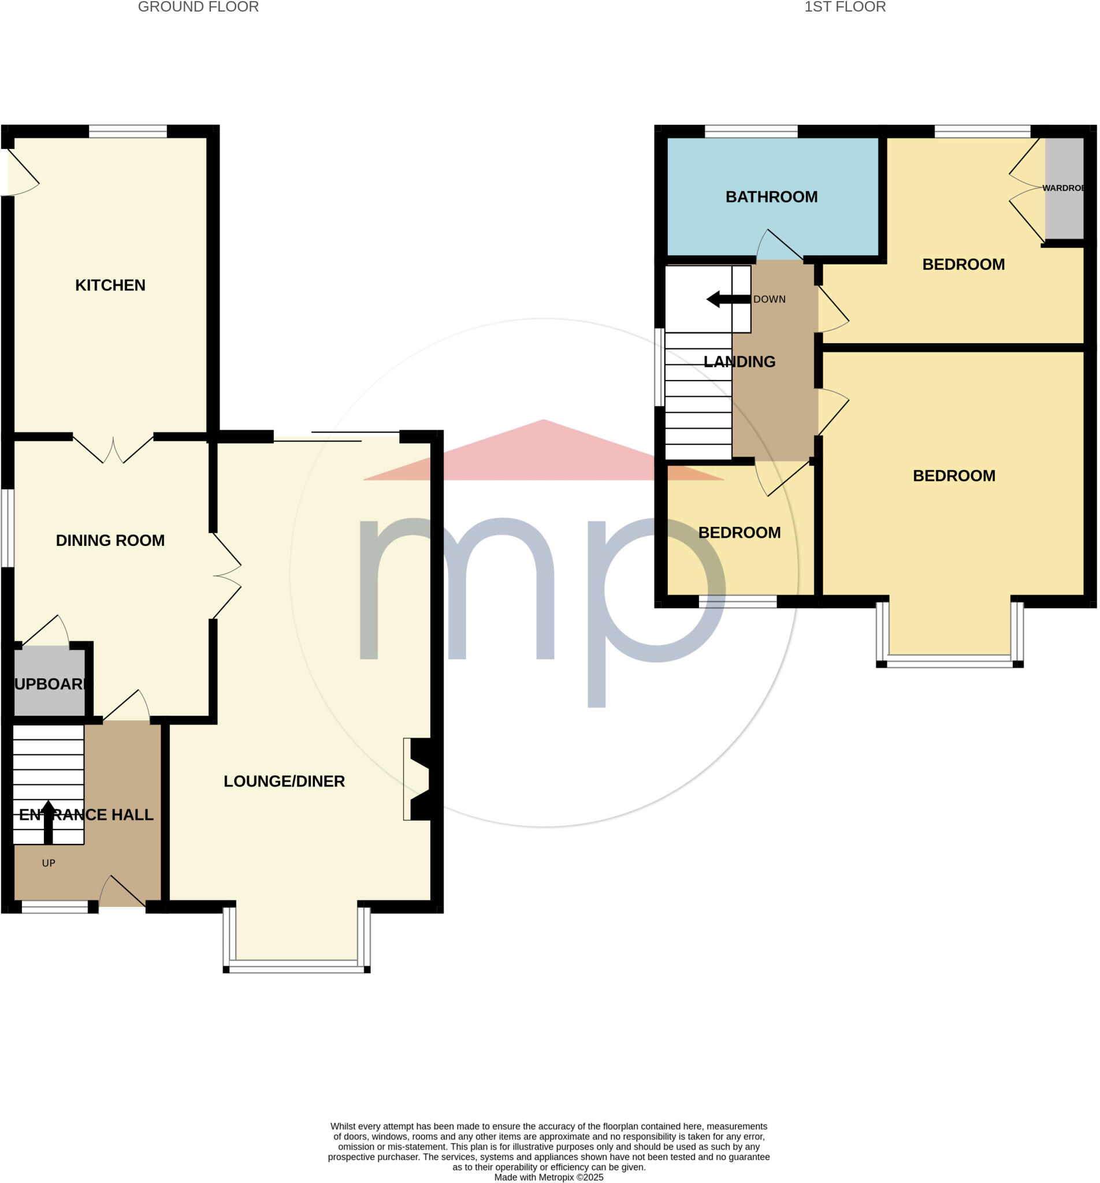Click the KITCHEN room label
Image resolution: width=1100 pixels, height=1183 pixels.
point(110,285)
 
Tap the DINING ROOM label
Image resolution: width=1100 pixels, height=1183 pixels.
point(110,540)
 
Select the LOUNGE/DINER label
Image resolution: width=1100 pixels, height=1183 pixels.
point(284,782)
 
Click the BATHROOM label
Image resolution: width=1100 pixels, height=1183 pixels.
point(771,197)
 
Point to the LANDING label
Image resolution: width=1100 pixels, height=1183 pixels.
point(739,362)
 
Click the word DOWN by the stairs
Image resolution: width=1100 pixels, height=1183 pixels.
point(769,299)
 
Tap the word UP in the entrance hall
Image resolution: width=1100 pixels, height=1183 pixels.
point(48,863)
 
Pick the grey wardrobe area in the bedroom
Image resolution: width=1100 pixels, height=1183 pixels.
point(1064,188)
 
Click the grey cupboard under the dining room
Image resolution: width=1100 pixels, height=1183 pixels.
point(50,683)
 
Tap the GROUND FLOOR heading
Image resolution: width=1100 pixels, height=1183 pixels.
point(198,7)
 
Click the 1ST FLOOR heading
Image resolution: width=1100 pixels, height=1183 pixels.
point(845,7)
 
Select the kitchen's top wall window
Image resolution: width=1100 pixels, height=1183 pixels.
point(128,132)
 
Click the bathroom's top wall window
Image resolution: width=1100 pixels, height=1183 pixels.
point(750,132)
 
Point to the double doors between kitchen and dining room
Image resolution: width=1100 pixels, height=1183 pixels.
point(113,449)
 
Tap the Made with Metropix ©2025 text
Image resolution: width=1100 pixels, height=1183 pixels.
point(548,1177)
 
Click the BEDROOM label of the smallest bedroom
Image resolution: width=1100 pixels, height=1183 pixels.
point(739,533)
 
